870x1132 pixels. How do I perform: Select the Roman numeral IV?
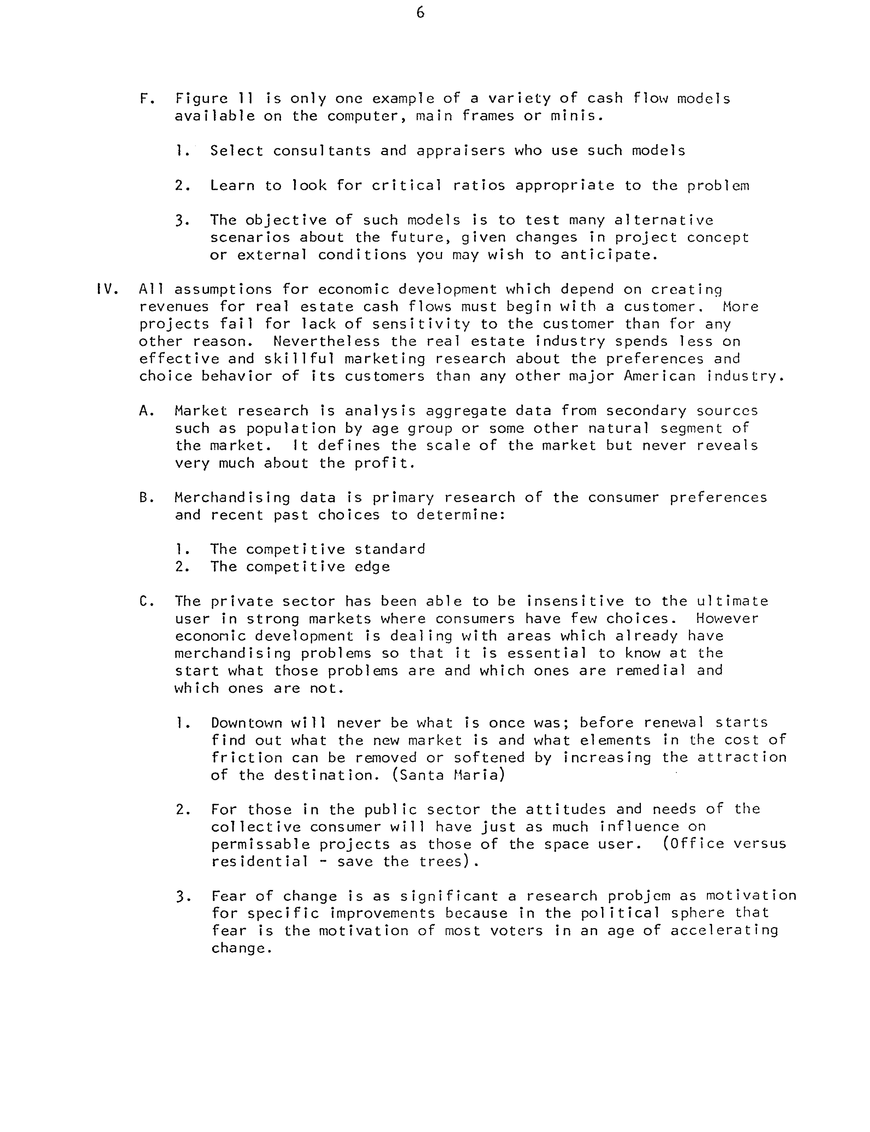107,289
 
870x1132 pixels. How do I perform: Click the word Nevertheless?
326,341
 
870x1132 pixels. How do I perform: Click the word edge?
372,567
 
